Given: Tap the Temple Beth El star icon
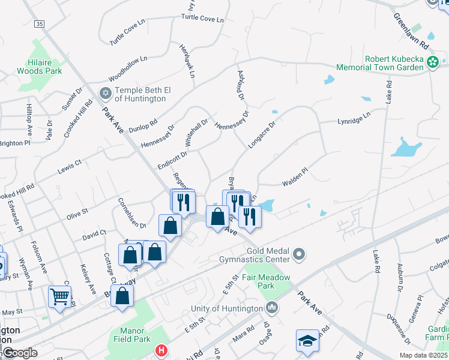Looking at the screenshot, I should pyautogui.click(x=106, y=93).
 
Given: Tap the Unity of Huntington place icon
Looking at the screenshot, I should pyautogui.click(x=272, y=308).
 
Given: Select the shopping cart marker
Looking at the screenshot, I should pyautogui.click(x=59, y=296).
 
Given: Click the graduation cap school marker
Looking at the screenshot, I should pyautogui.click(x=307, y=340).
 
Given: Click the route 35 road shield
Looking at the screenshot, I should pyautogui.click(x=40, y=23).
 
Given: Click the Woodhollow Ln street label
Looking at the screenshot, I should pyautogui.click(x=128, y=68).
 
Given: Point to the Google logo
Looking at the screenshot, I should pyautogui.click(x=20, y=352).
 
